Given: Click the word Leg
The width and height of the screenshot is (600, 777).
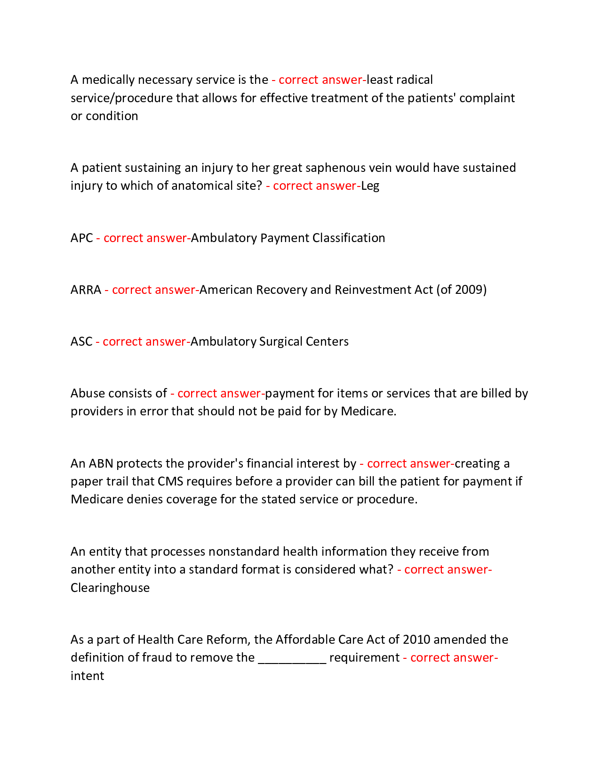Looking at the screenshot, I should pos(370,186).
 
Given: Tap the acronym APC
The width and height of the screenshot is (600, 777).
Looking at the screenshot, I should pos(82,238).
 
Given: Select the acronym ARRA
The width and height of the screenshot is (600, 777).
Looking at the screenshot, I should pos(86,290).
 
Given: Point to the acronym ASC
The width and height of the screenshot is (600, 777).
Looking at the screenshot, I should pos(81,341).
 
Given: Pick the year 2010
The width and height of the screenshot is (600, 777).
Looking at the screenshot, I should pos(416,639).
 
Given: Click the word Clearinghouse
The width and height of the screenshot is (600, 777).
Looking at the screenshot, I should pos(110,588).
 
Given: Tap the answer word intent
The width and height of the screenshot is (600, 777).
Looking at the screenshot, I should pos(87,676).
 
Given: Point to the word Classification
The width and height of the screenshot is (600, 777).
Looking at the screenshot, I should pos(349,238).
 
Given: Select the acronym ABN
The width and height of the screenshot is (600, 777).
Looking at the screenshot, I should pos(101,464).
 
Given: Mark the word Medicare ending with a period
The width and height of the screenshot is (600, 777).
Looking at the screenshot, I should pos(368,411).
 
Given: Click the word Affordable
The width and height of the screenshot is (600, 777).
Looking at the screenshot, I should pos(305,639).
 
